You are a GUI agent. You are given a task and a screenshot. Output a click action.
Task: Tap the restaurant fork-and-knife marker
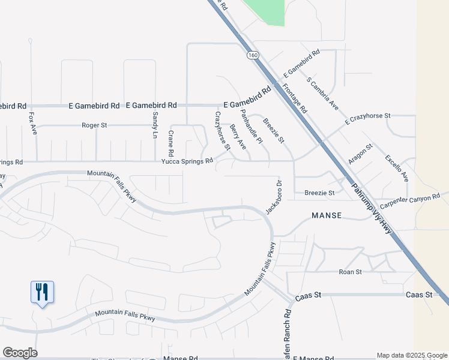click(42, 292)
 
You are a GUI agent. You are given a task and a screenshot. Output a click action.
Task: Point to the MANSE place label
click(327, 215)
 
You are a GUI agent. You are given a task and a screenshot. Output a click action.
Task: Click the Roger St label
click(94, 125)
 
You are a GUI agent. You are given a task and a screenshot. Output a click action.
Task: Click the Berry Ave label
click(238, 137)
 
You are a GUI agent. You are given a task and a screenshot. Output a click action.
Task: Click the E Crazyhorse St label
click(368, 118)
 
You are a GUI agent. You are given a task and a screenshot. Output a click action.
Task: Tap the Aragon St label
click(360, 154)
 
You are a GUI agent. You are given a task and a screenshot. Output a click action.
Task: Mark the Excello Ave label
click(397, 168)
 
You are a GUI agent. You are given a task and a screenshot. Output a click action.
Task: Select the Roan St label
click(350, 272)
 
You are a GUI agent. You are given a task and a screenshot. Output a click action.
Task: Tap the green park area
click(267, 11)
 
